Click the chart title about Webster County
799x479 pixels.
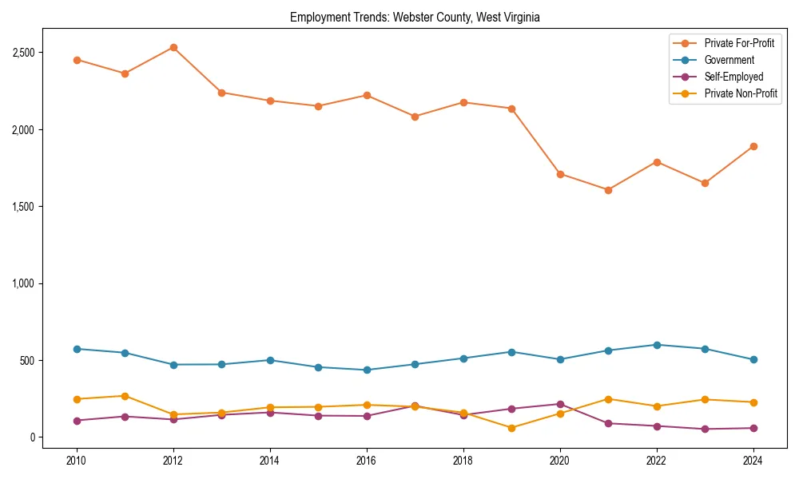[x=415, y=18]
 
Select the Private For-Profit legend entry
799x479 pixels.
[x=739, y=43]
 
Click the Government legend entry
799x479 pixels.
[x=729, y=60]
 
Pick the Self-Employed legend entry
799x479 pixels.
[x=733, y=77]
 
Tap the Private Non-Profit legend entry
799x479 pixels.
[x=741, y=93]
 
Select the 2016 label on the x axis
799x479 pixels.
[x=367, y=460]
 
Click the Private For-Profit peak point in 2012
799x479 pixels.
[x=173, y=47]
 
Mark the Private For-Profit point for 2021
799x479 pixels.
[x=608, y=190]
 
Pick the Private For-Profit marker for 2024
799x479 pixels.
[x=753, y=146]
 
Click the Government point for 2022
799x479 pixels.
[x=657, y=345]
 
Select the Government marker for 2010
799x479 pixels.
[x=77, y=349]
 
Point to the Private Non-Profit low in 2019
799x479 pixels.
[x=511, y=428]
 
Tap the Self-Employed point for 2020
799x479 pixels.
[x=560, y=404]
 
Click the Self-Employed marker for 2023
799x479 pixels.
[x=705, y=429]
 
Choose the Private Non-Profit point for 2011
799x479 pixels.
[x=125, y=396]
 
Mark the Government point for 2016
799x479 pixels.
[x=367, y=370]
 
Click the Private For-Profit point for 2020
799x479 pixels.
[x=560, y=174]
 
